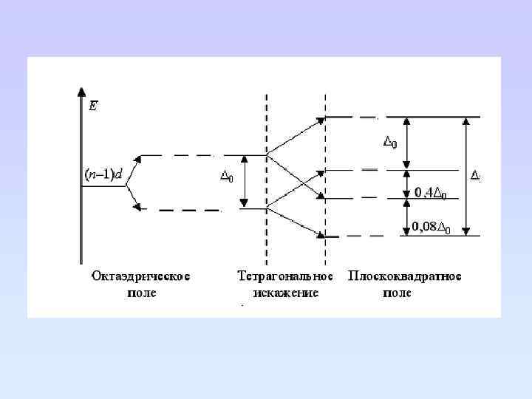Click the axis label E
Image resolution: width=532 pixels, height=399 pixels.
(x=92, y=106)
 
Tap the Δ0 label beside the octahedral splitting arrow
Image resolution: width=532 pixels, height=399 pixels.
(x=228, y=177)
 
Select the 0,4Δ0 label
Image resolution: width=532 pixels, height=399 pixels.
(x=435, y=194)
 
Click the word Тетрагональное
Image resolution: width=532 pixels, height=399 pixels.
(x=285, y=277)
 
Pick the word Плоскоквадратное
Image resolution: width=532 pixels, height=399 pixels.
(x=406, y=277)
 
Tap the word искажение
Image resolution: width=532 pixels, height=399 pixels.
(x=285, y=293)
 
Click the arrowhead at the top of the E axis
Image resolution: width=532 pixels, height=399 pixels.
(x=81, y=92)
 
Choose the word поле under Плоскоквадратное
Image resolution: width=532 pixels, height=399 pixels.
(x=397, y=293)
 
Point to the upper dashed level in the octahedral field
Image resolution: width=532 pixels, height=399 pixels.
(x=177, y=155)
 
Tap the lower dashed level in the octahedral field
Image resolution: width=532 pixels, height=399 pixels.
(x=177, y=210)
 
